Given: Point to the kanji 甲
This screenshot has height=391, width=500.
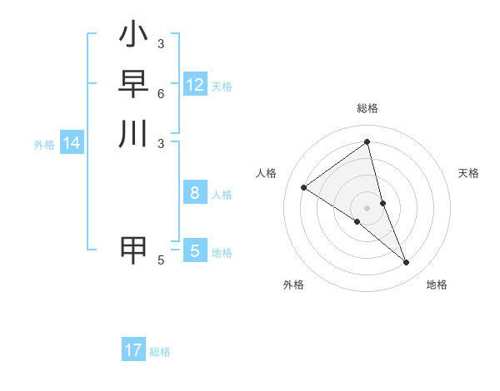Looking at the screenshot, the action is (x=133, y=250).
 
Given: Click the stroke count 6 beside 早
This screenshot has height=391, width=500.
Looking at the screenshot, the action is (x=161, y=94).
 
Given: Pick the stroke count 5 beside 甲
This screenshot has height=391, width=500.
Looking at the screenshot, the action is (x=161, y=260).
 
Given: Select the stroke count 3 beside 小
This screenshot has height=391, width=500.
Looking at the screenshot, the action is (x=161, y=43).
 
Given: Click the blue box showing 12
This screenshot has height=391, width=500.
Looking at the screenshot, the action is (x=195, y=85).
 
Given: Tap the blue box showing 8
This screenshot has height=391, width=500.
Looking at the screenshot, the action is (x=195, y=193).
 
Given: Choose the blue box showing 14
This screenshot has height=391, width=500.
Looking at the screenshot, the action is (x=72, y=143).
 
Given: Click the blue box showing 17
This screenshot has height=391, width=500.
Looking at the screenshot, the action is (x=133, y=350).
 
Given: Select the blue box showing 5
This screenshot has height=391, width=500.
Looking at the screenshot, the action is (x=195, y=250).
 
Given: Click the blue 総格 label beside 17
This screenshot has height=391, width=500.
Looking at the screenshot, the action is (x=160, y=352).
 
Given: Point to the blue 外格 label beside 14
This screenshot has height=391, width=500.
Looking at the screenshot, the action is (x=44, y=145).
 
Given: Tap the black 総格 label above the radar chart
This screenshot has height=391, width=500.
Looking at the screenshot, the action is (x=367, y=108).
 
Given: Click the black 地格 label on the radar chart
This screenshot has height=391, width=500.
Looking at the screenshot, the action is (x=437, y=285).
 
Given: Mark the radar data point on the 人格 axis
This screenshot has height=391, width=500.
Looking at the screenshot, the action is (x=304, y=187).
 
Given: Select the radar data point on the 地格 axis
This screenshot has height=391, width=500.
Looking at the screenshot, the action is (x=407, y=263).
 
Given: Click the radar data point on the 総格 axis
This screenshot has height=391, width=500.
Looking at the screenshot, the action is (x=367, y=142).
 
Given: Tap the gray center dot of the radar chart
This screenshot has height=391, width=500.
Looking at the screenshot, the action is (x=367, y=207).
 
